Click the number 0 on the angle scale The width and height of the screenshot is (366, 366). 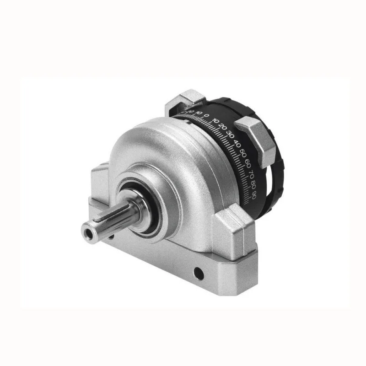pos(207,115)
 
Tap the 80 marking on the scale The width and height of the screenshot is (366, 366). pos(253,185)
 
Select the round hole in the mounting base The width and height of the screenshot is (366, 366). pos(199,273)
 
